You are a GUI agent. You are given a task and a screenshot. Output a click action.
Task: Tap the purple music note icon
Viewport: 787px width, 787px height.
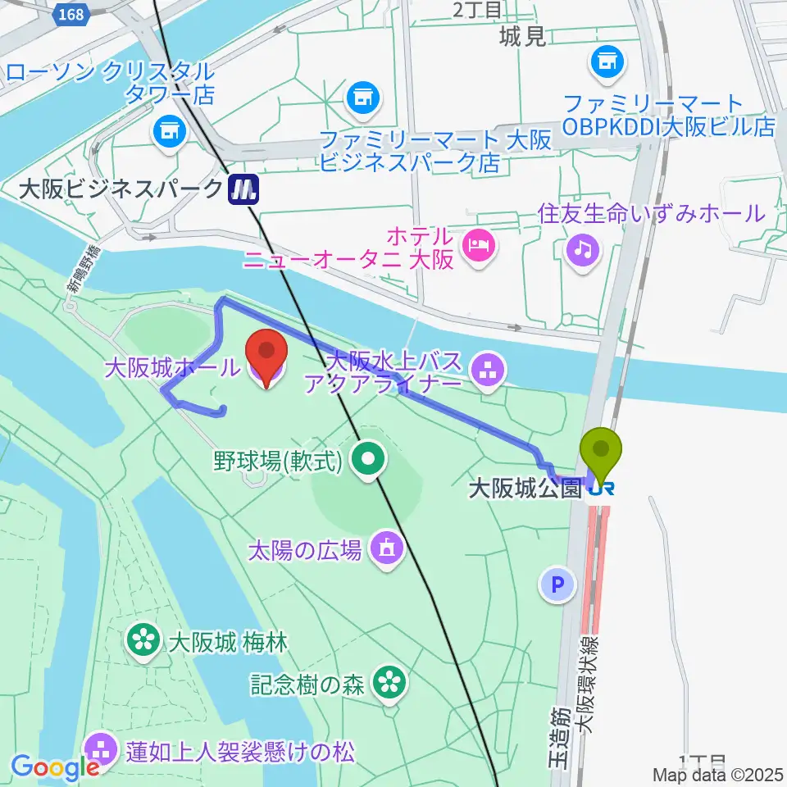582,247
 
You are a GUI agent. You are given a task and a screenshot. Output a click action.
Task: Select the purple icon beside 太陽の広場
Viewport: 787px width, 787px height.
385,547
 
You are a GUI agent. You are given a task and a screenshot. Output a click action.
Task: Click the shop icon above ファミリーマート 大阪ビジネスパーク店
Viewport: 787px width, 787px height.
362,98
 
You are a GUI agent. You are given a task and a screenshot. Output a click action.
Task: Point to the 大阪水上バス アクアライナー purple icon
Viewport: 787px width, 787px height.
489,371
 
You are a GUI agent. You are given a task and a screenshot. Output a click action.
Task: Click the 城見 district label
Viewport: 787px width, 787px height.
522,37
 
